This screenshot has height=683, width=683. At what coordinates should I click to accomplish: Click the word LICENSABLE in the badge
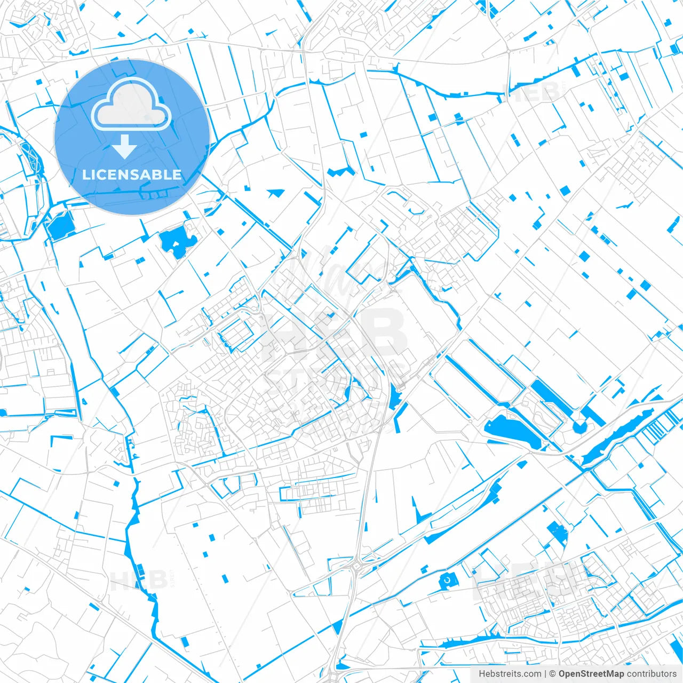click(x=132, y=174)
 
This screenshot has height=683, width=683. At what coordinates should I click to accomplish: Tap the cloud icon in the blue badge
click(x=131, y=104)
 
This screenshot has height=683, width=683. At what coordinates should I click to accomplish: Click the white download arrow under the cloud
click(x=125, y=147)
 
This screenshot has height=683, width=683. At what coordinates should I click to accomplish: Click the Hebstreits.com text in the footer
click(x=510, y=674)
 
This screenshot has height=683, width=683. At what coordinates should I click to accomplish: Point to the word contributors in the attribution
click(x=652, y=674)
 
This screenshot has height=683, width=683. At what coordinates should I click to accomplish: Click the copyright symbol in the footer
click(x=553, y=674)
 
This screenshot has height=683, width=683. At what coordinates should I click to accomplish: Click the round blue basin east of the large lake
click(x=579, y=426)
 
